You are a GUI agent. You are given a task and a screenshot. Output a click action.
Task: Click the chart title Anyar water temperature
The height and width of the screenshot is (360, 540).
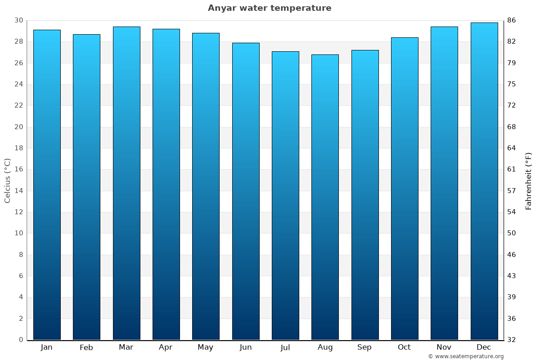[x=270, y=8]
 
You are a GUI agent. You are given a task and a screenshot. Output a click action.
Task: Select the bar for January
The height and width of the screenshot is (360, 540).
[x=47, y=184]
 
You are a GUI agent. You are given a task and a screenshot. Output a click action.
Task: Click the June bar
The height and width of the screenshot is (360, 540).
[x=246, y=191]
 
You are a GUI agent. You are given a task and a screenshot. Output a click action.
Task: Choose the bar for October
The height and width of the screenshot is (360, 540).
[x=405, y=189]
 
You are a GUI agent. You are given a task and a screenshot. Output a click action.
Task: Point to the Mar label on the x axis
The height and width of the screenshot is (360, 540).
[x=126, y=347]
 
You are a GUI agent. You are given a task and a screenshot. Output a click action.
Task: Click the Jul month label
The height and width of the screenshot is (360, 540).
[x=285, y=347]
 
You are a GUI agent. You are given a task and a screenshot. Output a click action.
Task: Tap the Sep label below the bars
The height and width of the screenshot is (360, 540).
[x=364, y=347]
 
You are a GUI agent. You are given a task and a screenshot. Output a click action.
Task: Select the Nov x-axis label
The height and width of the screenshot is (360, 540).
[x=444, y=347]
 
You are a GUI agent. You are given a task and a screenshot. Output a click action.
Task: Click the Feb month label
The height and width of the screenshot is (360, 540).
[x=86, y=347]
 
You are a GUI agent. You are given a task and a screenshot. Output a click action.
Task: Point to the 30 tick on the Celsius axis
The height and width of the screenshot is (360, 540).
[x=18, y=20]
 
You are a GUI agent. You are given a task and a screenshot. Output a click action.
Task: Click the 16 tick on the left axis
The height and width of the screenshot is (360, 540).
[x=18, y=169]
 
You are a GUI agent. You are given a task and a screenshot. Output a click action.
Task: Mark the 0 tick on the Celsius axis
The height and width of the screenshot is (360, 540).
[x=21, y=340]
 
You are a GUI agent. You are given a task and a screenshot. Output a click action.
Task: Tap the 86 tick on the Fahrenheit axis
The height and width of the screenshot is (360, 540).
[x=512, y=20]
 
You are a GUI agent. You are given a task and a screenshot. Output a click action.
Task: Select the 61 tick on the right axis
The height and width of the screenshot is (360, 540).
[x=512, y=169]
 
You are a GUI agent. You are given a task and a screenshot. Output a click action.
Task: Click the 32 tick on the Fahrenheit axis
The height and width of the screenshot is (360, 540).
[x=512, y=340]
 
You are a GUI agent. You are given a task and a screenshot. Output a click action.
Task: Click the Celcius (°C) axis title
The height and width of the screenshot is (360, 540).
[x=8, y=180]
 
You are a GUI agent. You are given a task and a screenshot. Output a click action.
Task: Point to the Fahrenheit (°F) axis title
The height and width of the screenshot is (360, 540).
[x=529, y=180]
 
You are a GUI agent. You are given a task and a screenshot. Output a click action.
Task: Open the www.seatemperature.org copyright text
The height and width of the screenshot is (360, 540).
[x=466, y=356]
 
